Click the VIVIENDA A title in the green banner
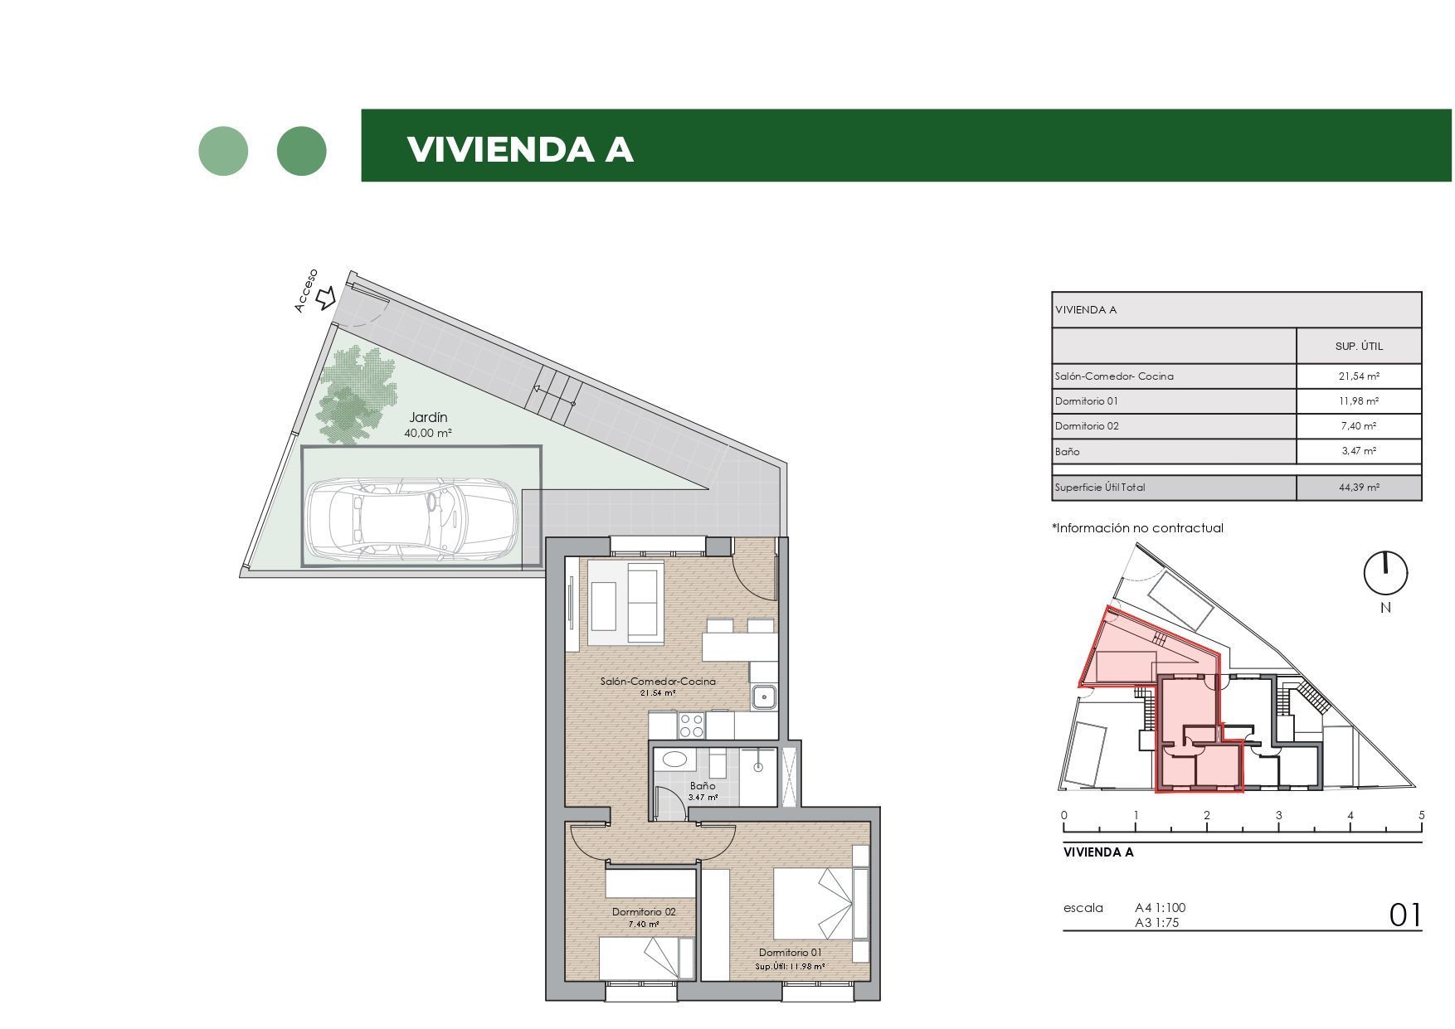coord(520,149)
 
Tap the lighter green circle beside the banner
coord(223,151)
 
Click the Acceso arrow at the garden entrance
coord(326,297)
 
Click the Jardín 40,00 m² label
coord(429,425)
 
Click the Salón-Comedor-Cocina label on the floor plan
coord(658,686)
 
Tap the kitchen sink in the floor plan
coord(764,697)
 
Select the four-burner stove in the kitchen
coord(691,726)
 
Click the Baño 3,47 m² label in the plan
coord(703,790)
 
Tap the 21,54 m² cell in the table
coord(1358,376)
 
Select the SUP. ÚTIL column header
coord(1358,347)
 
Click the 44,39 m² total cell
coord(1358,488)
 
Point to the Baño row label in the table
coord(1068,452)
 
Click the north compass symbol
coord(1385,573)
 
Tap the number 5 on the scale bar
coord(1421,815)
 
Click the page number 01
coord(1404,915)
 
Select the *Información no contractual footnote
coord(1137,528)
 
